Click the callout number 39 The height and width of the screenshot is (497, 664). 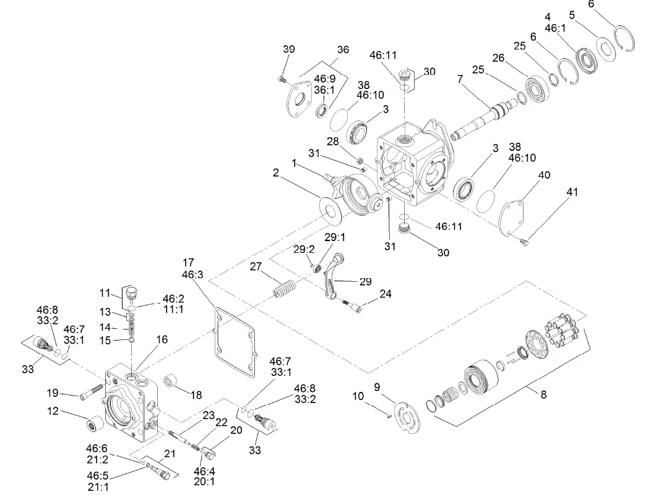pyautogui.click(x=289, y=49)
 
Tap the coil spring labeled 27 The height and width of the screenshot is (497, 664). pyautogui.click(x=285, y=289)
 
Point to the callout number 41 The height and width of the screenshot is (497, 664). pyautogui.click(x=572, y=192)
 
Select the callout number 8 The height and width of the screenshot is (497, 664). pyautogui.click(x=543, y=394)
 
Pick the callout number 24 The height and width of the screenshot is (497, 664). pyautogui.click(x=386, y=294)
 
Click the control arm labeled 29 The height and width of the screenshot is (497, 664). pyautogui.click(x=337, y=277)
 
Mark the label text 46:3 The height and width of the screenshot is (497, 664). pyautogui.click(x=189, y=274)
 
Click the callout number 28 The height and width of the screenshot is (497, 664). pyautogui.click(x=332, y=142)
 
